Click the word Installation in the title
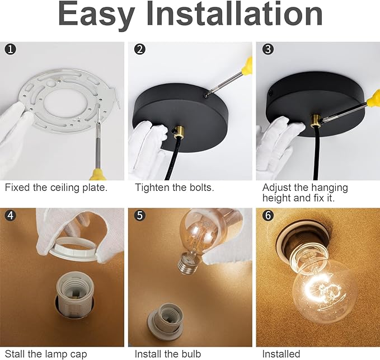[x=234, y=13]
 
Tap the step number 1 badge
[x=11, y=49]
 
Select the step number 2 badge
[x=140, y=49]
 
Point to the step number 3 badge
[x=268, y=49]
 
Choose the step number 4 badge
[x=11, y=215]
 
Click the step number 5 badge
[x=140, y=215]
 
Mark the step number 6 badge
[x=268, y=215]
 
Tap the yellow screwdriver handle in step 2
[x=247, y=66]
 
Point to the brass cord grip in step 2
[x=179, y=132]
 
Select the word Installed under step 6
[x=281, y=354]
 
